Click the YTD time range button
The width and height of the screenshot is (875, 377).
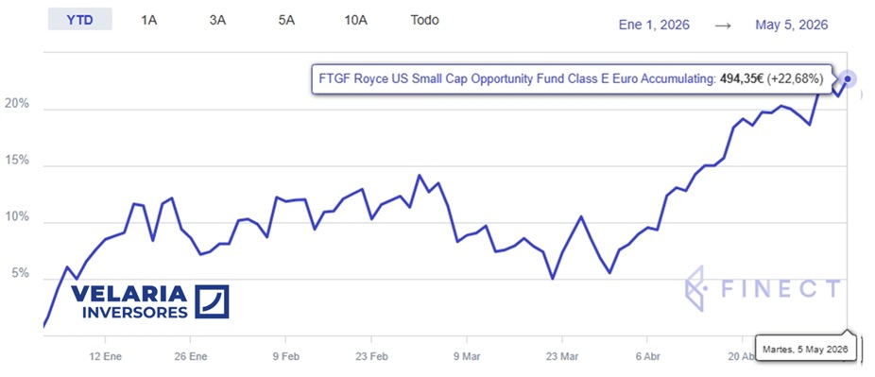pyautogui.click(x=79, y=20)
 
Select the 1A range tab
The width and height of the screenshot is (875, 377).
pyautogui.click(x=149, y=21)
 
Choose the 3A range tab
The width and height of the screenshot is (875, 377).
pyautogui.click(x=217, y=21)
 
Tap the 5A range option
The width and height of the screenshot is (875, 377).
pyautogui.click(x=286, y=21)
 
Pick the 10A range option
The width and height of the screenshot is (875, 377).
pyautogui.click(x=356, y=21)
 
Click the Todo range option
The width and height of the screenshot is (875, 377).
pyautogui.click(x=424, y=20)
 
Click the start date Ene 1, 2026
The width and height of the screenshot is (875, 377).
pyautogui.click(x=654, y=26)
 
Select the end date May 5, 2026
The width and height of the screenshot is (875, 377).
pyautogui.click(x=791, y=26)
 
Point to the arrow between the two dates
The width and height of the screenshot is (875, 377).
pyautogui.click(x=723, y=26)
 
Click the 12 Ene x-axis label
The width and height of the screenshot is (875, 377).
pyautogui.click(x=105, y=355)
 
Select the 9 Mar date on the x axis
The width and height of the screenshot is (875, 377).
pyautogui.click(x=466, y=355)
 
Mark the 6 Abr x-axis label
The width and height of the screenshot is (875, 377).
pyautogui.click(x=646, y=355)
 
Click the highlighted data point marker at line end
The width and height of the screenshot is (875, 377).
pyautogui.click(x=848, y=79)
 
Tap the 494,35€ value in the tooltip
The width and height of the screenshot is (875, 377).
pyautogui.click(x=741, y=79)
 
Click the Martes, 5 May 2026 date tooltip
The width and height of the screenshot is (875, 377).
pyautogui.click(x=805, y=349)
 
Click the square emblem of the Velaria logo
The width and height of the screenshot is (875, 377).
pyautogui.click(x=212, y=301)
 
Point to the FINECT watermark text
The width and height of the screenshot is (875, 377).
pyautogui.click(x=780, y=288)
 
